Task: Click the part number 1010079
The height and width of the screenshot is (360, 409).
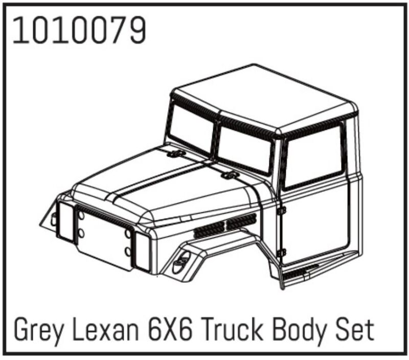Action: tap(79, 30)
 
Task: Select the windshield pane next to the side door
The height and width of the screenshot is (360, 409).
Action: tap(244, 148)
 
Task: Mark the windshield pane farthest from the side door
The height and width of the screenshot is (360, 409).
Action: tap(190, 128)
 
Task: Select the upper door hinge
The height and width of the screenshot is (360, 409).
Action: tap(281, 210)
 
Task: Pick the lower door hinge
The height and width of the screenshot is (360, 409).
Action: tap(281, 252)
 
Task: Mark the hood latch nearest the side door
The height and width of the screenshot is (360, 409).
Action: tap(229, 176)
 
